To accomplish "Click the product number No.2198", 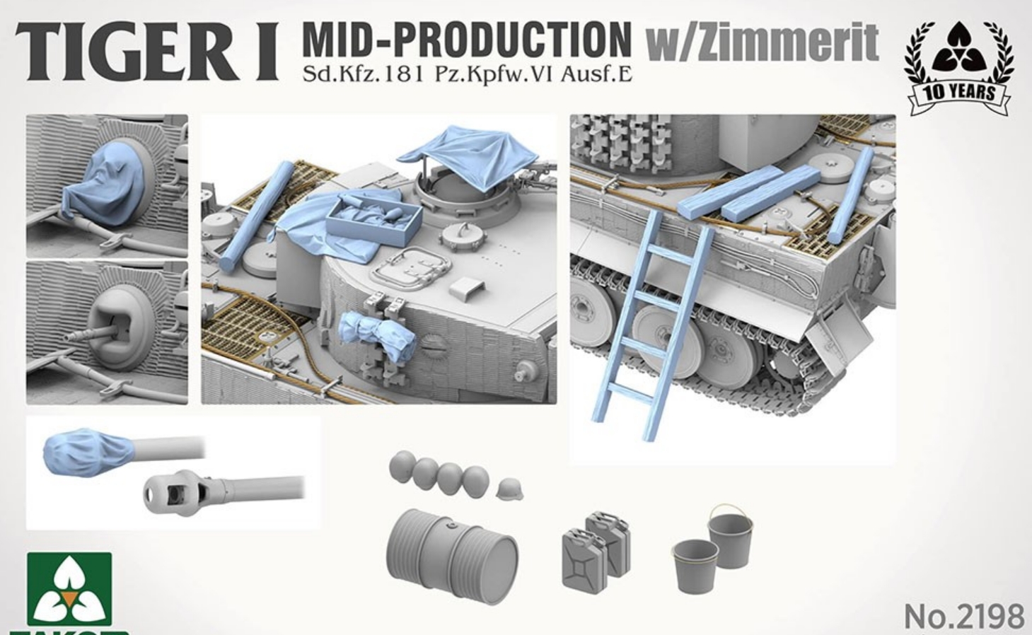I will click(963, 616).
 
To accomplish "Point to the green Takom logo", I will click(69, 591).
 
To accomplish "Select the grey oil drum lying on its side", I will click(451, 547).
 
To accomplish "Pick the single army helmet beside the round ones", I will click(509, 489).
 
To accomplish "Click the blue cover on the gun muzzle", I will click(88, 451).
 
